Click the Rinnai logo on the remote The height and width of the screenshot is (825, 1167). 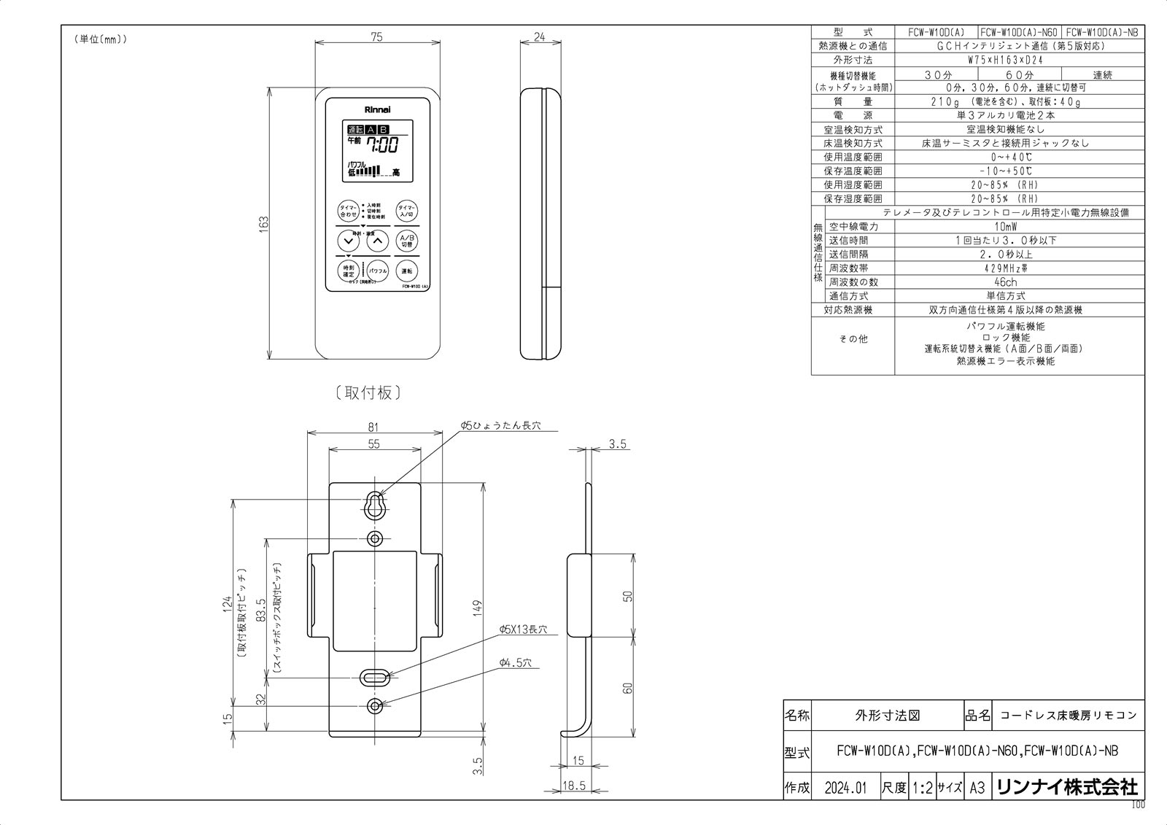click(377, 109)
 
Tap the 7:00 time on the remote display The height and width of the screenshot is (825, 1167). click(382, 145)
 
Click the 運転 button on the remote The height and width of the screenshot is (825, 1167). click(407, 271)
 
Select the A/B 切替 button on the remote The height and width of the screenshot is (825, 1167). click(407, 241)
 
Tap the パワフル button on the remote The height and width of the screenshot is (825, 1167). click(377, 271)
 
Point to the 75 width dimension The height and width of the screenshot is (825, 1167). click(376, 37)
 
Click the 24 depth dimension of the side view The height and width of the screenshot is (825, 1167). click(540, 37)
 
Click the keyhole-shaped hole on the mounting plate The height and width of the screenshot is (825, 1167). click(376, 504)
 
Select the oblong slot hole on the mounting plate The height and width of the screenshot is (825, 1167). click(376, 677)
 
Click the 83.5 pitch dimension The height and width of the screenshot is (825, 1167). click(261, 609)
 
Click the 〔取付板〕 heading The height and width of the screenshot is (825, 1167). click(369, 393)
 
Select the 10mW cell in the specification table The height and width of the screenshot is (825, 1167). click(1006, 227)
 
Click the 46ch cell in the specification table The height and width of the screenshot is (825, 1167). click(1005, 282)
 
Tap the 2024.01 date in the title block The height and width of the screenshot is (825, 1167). click(845, 788)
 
